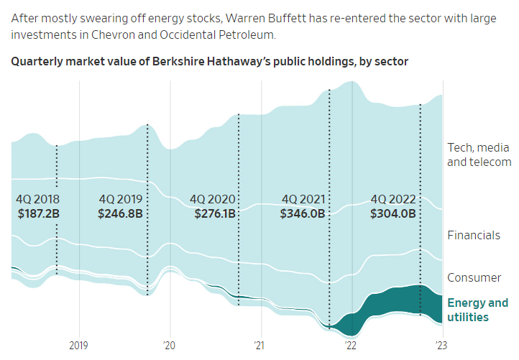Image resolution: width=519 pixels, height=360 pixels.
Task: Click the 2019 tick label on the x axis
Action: coord(78,345)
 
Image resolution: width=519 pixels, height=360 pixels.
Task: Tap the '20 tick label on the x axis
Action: coord(170,345)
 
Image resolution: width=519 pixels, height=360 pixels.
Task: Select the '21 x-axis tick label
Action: coord(260,345)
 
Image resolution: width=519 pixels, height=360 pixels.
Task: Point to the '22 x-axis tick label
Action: coord(351,345)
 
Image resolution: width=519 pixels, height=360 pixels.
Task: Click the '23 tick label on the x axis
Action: coord(441,345)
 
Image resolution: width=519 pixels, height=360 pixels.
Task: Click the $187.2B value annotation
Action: coord(39,213)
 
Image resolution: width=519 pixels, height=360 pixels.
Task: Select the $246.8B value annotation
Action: coord(122,213)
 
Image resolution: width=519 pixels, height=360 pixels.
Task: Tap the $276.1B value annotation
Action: coord(213,213)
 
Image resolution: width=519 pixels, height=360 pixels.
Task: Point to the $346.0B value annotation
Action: coord(303,213)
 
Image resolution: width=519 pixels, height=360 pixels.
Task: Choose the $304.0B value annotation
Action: coord(393,213)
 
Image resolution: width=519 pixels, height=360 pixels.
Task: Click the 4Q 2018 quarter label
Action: coord(37,199)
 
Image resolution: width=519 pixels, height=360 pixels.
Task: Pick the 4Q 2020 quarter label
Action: coord(213,199)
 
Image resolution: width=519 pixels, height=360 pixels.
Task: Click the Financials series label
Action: coord(473,235)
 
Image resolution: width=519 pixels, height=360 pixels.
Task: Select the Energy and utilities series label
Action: coord(478,310)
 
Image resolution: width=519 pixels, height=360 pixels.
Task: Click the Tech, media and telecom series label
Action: coord(479,154)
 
